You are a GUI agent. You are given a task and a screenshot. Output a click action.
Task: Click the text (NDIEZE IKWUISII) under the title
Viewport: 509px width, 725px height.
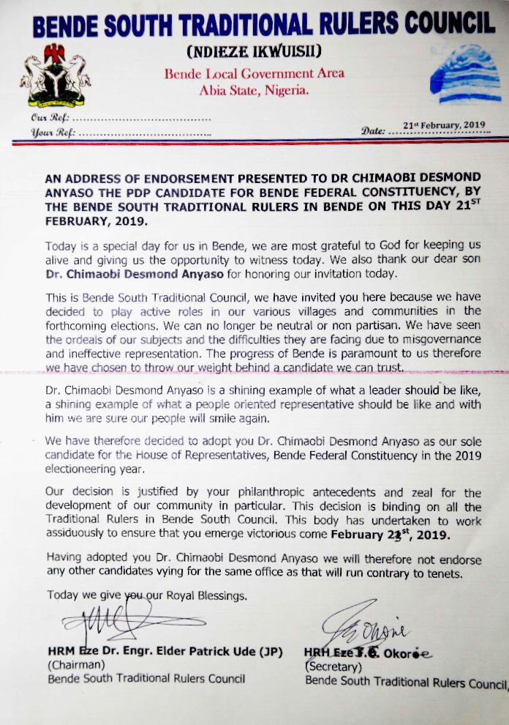click(x=254, y=52)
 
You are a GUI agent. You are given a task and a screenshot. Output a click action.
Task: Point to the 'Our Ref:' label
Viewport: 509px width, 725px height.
click(x=50, y=117)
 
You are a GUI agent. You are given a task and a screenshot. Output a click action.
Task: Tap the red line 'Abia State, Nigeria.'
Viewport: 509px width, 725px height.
click(x=254, y=90)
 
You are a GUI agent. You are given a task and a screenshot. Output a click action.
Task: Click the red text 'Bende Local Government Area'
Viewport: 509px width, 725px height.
click(x=254, y=73)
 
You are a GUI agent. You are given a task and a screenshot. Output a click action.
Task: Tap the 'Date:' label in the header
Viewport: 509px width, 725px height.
click(x=373, y=131)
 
